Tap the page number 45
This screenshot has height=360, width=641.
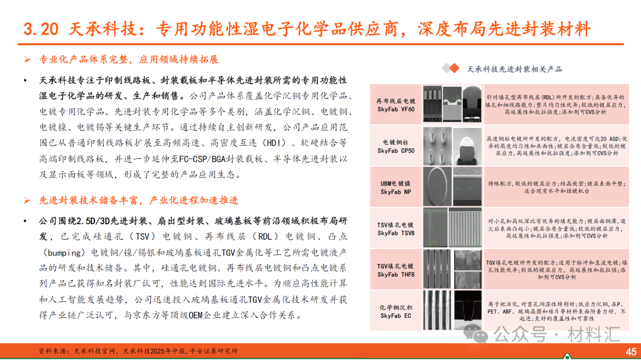coord(630,351)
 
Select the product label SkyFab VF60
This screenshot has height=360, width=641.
coord(396,109)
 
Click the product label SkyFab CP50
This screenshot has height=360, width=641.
coord(396,151)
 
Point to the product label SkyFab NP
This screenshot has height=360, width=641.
coord(396,192)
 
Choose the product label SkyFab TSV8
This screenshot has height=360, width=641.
coord(396,233)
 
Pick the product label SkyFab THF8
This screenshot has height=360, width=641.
coord(396,275)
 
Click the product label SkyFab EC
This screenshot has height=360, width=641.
coord(396,316)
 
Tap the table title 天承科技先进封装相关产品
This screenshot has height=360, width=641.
coord(515,69)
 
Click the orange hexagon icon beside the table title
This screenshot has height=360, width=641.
coord(452,69)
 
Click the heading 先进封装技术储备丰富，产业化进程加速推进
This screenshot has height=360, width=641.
coord(139,200)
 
